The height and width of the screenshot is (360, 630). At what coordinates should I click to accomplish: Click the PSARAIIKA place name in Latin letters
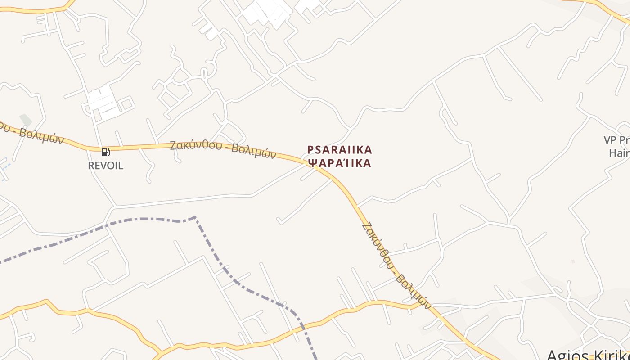[x=340, y=149]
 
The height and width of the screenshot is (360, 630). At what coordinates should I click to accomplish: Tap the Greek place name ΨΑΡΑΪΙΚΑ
[x=340, y=163]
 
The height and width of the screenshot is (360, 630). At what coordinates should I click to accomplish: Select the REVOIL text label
[x=105, y=166]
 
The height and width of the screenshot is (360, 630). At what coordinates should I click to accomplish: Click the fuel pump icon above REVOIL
[x=105, y=152]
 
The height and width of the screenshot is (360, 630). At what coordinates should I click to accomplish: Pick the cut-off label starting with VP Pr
[x=617, y=140]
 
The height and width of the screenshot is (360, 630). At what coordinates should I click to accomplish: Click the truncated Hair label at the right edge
[x=619, y=153]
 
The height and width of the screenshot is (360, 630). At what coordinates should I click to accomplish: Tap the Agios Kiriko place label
[x=587, y=355]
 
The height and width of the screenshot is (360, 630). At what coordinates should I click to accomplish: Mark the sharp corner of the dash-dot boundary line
[x=195, y=217]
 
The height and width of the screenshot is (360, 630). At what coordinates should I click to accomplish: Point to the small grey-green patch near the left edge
[x=26, y=120]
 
